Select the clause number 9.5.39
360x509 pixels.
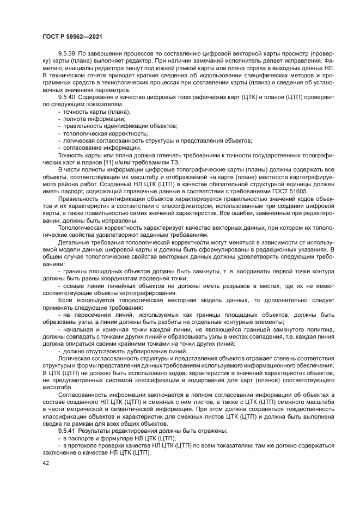pyautogui.click(x=67, y=55)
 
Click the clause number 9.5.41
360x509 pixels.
pyautogui.click(x=67, y=431)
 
